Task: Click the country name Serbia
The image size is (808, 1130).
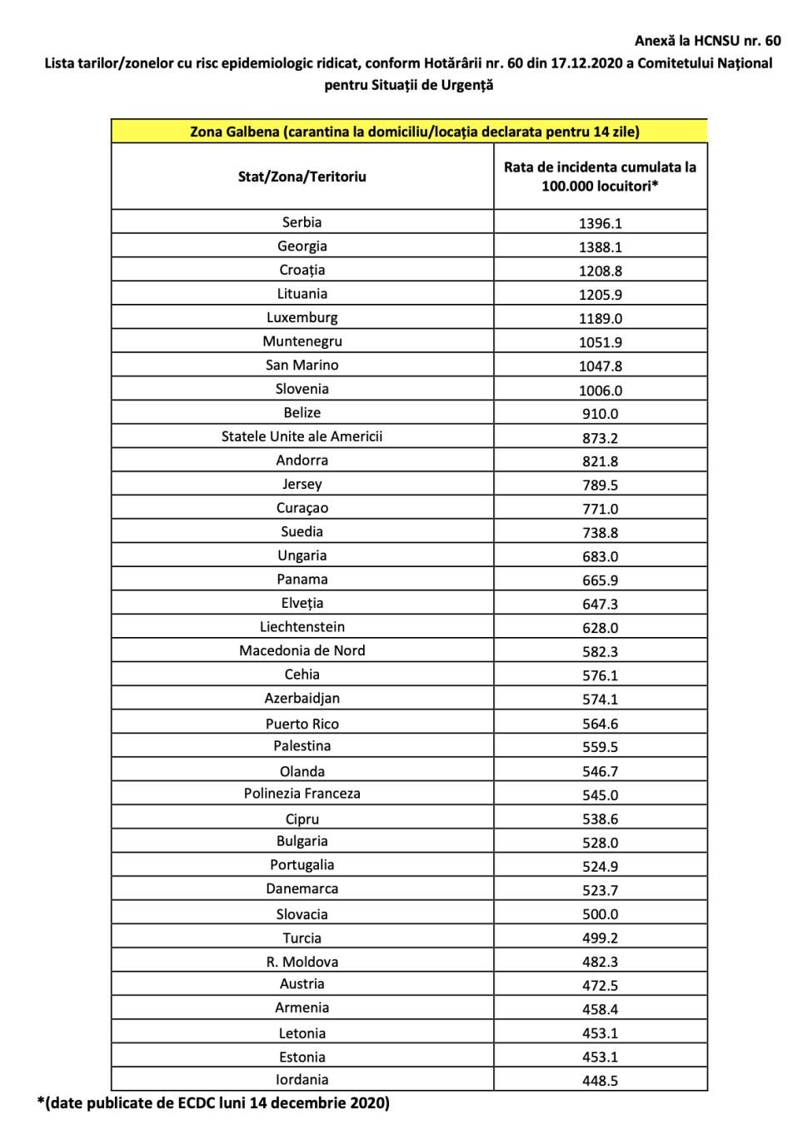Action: [x=302, y=222]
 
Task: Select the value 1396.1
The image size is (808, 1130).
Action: [x=600, y=223]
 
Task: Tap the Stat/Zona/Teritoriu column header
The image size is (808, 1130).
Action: [x=302, y=177]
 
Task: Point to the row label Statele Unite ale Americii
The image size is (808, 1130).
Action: [x=302, y=436]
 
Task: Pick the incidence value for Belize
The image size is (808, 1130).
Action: [x=600, y=414]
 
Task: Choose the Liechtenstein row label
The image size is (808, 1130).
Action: [x=302, y=627]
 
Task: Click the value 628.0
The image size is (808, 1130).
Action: [x=600, y=628]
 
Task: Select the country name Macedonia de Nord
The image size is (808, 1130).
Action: [x=302, y=650]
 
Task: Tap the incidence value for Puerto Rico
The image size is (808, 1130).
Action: [x=600, y=724]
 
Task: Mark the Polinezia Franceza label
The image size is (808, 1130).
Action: [x=302, y=794]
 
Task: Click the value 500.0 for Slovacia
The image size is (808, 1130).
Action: [x=600, y=914]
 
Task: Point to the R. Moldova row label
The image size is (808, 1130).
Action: [x=302, y=962]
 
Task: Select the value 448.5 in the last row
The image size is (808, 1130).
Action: [x=600, y=1081]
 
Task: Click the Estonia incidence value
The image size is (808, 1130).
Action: [x=600, y=1057]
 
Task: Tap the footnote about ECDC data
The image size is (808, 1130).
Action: [x=213, y=1103]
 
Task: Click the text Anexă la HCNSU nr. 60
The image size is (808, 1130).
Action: [x=707, y=40]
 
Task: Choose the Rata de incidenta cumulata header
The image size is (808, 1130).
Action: [x=600, y=176]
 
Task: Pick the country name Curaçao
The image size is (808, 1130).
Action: [x=302, y=508]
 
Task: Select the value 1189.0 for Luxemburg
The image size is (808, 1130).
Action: [x=600, y=319]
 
